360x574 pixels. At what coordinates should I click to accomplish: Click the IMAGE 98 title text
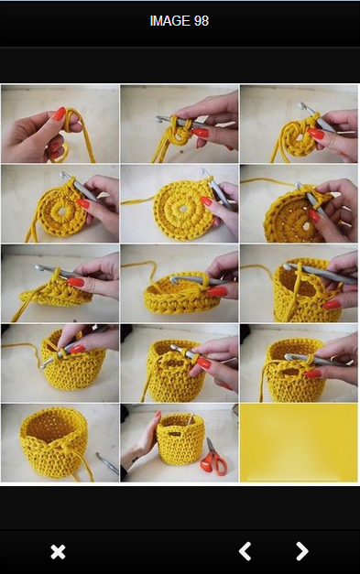tap(180, 21)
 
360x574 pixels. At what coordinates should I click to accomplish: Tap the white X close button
tap(58, 552)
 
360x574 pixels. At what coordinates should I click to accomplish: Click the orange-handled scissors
tap(213, 458)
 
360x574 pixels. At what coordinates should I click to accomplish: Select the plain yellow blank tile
tap(299, 442)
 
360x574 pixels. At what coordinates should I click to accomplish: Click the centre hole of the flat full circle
tap(182, 209)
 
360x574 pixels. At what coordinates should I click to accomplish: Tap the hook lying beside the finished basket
tap(108, 463)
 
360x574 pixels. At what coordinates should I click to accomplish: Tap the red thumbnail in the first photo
tap(59, 114)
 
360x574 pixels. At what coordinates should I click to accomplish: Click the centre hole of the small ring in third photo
tap(299, 138)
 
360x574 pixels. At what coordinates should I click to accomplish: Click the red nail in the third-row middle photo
tap(216, 292)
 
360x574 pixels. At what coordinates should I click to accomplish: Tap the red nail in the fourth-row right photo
tap(312, 374)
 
